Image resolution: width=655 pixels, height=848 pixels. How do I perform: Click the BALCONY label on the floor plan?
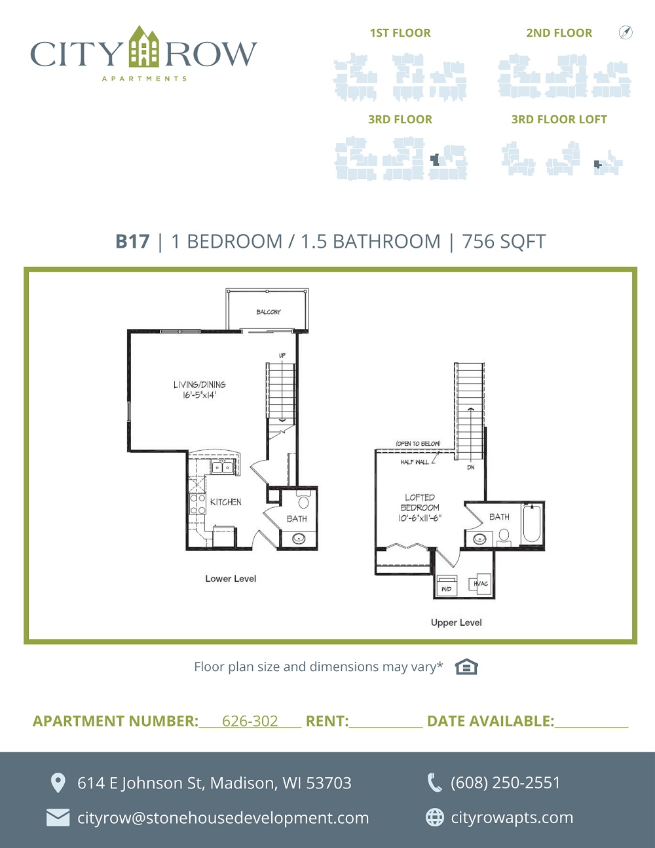[269, 312]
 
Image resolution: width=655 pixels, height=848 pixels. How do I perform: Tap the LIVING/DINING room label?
[200, 389]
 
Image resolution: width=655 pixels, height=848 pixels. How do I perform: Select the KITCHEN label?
[226, 502]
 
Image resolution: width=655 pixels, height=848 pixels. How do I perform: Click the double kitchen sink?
[222, 467]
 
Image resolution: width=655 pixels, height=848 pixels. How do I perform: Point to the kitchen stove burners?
[197, 504]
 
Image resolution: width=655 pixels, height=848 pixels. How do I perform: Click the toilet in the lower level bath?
[303, 501]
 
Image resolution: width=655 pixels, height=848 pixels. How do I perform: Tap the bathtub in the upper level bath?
[531, 524]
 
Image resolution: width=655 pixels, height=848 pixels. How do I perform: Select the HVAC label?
[480, 584]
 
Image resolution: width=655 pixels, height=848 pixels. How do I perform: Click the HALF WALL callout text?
[415, 462]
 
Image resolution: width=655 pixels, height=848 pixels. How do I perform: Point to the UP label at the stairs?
[282, 355]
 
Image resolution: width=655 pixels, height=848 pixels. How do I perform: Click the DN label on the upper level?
[470, 467]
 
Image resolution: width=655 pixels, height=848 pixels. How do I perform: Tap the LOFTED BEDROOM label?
[420, 507]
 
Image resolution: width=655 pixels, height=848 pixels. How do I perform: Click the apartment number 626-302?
[250, 721]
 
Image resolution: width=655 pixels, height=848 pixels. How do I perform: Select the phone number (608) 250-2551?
[505, 782]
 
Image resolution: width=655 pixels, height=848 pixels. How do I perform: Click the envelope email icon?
[58, 818]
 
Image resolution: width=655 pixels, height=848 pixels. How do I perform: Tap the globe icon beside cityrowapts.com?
[435, 817]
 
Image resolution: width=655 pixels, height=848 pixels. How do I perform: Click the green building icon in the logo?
[144, 47]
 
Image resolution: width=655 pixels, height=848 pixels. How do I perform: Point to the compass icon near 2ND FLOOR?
[626, 32]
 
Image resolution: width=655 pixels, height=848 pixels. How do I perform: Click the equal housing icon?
[466, 666]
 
